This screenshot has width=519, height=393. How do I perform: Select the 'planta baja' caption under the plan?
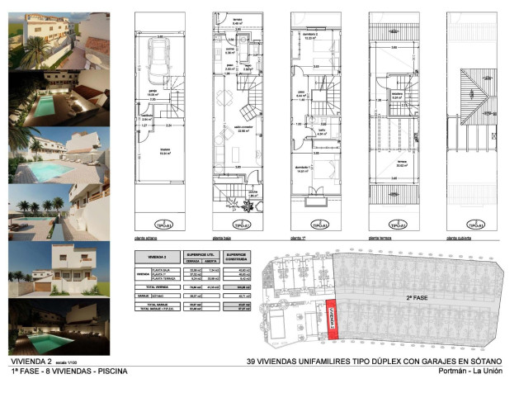pyautogui.click(x=224, y=237)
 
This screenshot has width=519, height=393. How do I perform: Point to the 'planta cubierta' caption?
pyautogui.click(x=459, y=237)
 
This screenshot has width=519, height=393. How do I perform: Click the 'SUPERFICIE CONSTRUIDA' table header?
pyautogui.click(x=238, y=257)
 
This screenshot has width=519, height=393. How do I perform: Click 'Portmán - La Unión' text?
pyautogui.click(x=474, y=371)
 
